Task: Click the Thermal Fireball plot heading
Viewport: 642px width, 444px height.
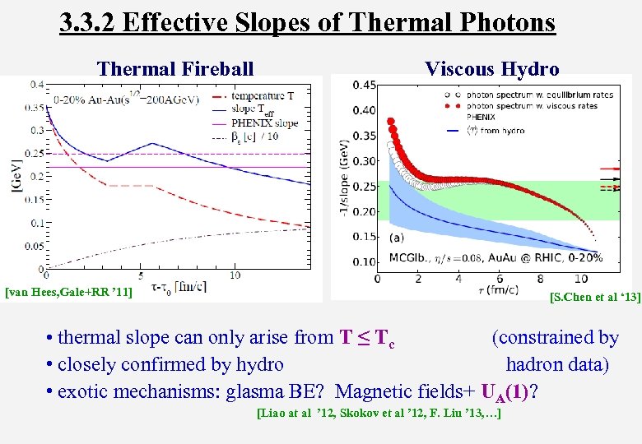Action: (175, 68)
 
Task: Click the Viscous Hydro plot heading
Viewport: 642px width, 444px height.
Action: (492, 68)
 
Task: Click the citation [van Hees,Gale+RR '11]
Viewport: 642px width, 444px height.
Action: (69, 291)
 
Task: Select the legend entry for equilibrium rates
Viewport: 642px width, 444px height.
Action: (539, 95)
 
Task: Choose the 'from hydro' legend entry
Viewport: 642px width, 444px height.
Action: (493, 130)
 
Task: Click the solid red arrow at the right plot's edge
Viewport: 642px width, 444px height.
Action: (614, 169)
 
